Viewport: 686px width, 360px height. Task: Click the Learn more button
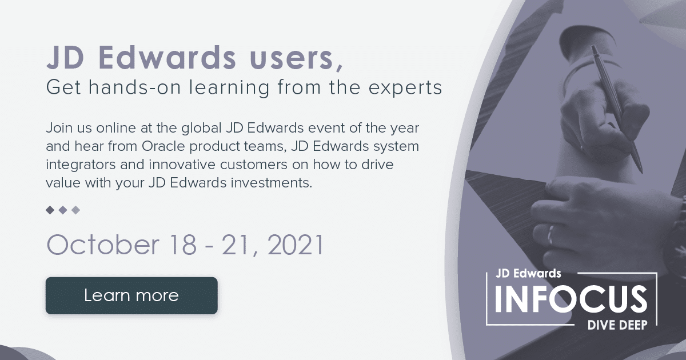131,295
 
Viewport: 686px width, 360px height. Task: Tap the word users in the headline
292,58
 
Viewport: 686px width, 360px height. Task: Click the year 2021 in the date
295,245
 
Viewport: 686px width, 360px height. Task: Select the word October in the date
103,245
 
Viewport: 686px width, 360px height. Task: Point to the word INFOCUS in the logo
571,299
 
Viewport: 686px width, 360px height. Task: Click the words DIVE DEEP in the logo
617,325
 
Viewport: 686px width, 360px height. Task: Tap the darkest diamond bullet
50,210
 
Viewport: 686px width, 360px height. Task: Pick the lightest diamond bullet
75,210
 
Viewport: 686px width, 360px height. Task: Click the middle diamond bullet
63,210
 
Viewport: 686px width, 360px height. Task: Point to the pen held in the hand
616,109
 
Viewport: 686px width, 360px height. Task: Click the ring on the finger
551,235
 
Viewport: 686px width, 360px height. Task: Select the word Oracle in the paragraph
163,146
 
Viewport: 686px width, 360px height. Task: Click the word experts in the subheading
405,88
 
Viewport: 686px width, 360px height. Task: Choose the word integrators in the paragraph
81,165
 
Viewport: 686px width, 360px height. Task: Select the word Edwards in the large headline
167,57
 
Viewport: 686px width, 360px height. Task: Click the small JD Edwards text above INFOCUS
528,273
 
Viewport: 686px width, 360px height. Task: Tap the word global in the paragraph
201,128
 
